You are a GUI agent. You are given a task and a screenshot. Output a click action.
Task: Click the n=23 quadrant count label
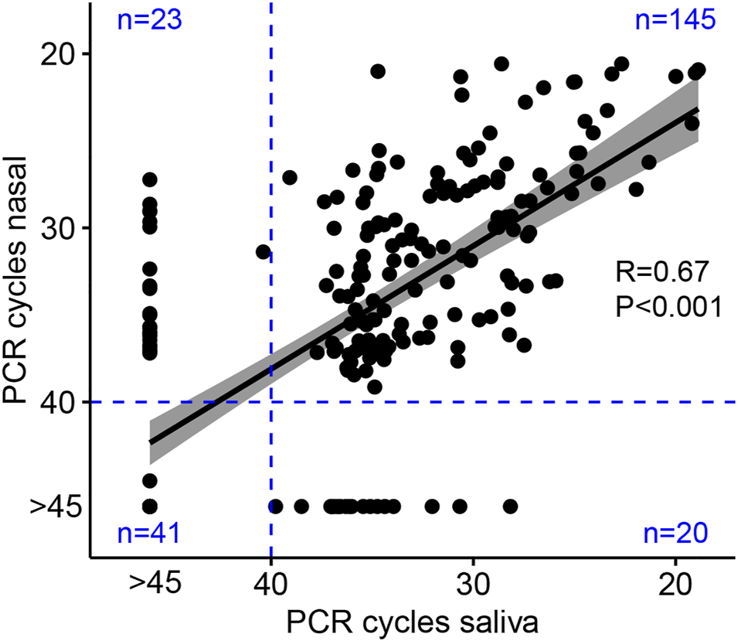pos(149,19)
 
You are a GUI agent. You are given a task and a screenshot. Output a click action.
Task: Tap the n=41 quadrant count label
pos(149,534)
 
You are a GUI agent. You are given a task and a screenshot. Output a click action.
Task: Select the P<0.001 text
pos(669,307)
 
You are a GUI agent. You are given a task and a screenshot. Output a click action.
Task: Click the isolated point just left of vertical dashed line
pos(263,252)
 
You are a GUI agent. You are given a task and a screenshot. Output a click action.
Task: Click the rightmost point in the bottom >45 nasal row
pos(510,506)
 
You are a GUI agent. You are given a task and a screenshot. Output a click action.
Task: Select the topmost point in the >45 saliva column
pos(150,179)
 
